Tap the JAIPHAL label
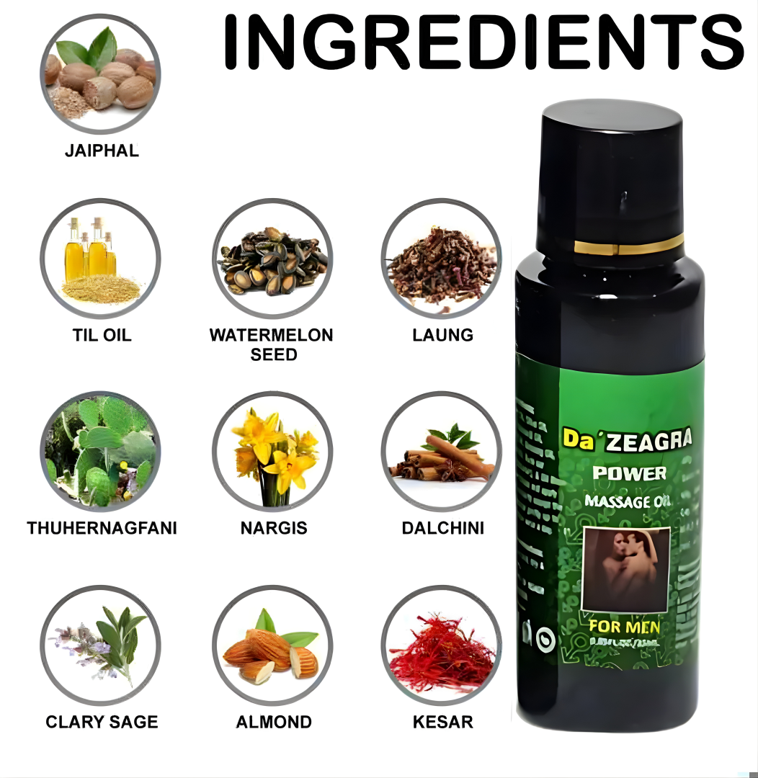(102, 151)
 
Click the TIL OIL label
(102, 335)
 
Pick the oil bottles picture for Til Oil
(100, 259)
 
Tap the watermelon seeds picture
(272, 259)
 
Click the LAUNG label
(442, 335)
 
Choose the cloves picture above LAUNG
(442, 259)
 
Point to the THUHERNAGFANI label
(102, 528)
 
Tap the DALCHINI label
(442, 528)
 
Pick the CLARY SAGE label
(102, 722)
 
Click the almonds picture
(272, 645)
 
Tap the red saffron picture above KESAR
(442, 645)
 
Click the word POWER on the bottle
(628, 473)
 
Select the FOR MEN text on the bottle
(624, 626)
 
